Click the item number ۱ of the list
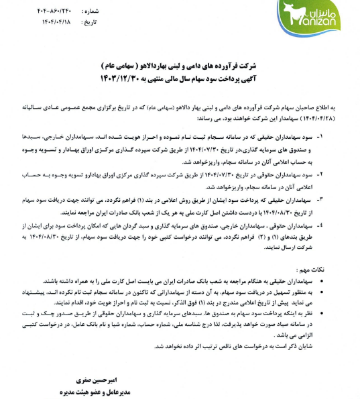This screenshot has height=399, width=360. coord(338,135)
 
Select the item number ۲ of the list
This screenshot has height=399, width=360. coord(338,174)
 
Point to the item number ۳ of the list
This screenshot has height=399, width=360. coord(338,201)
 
